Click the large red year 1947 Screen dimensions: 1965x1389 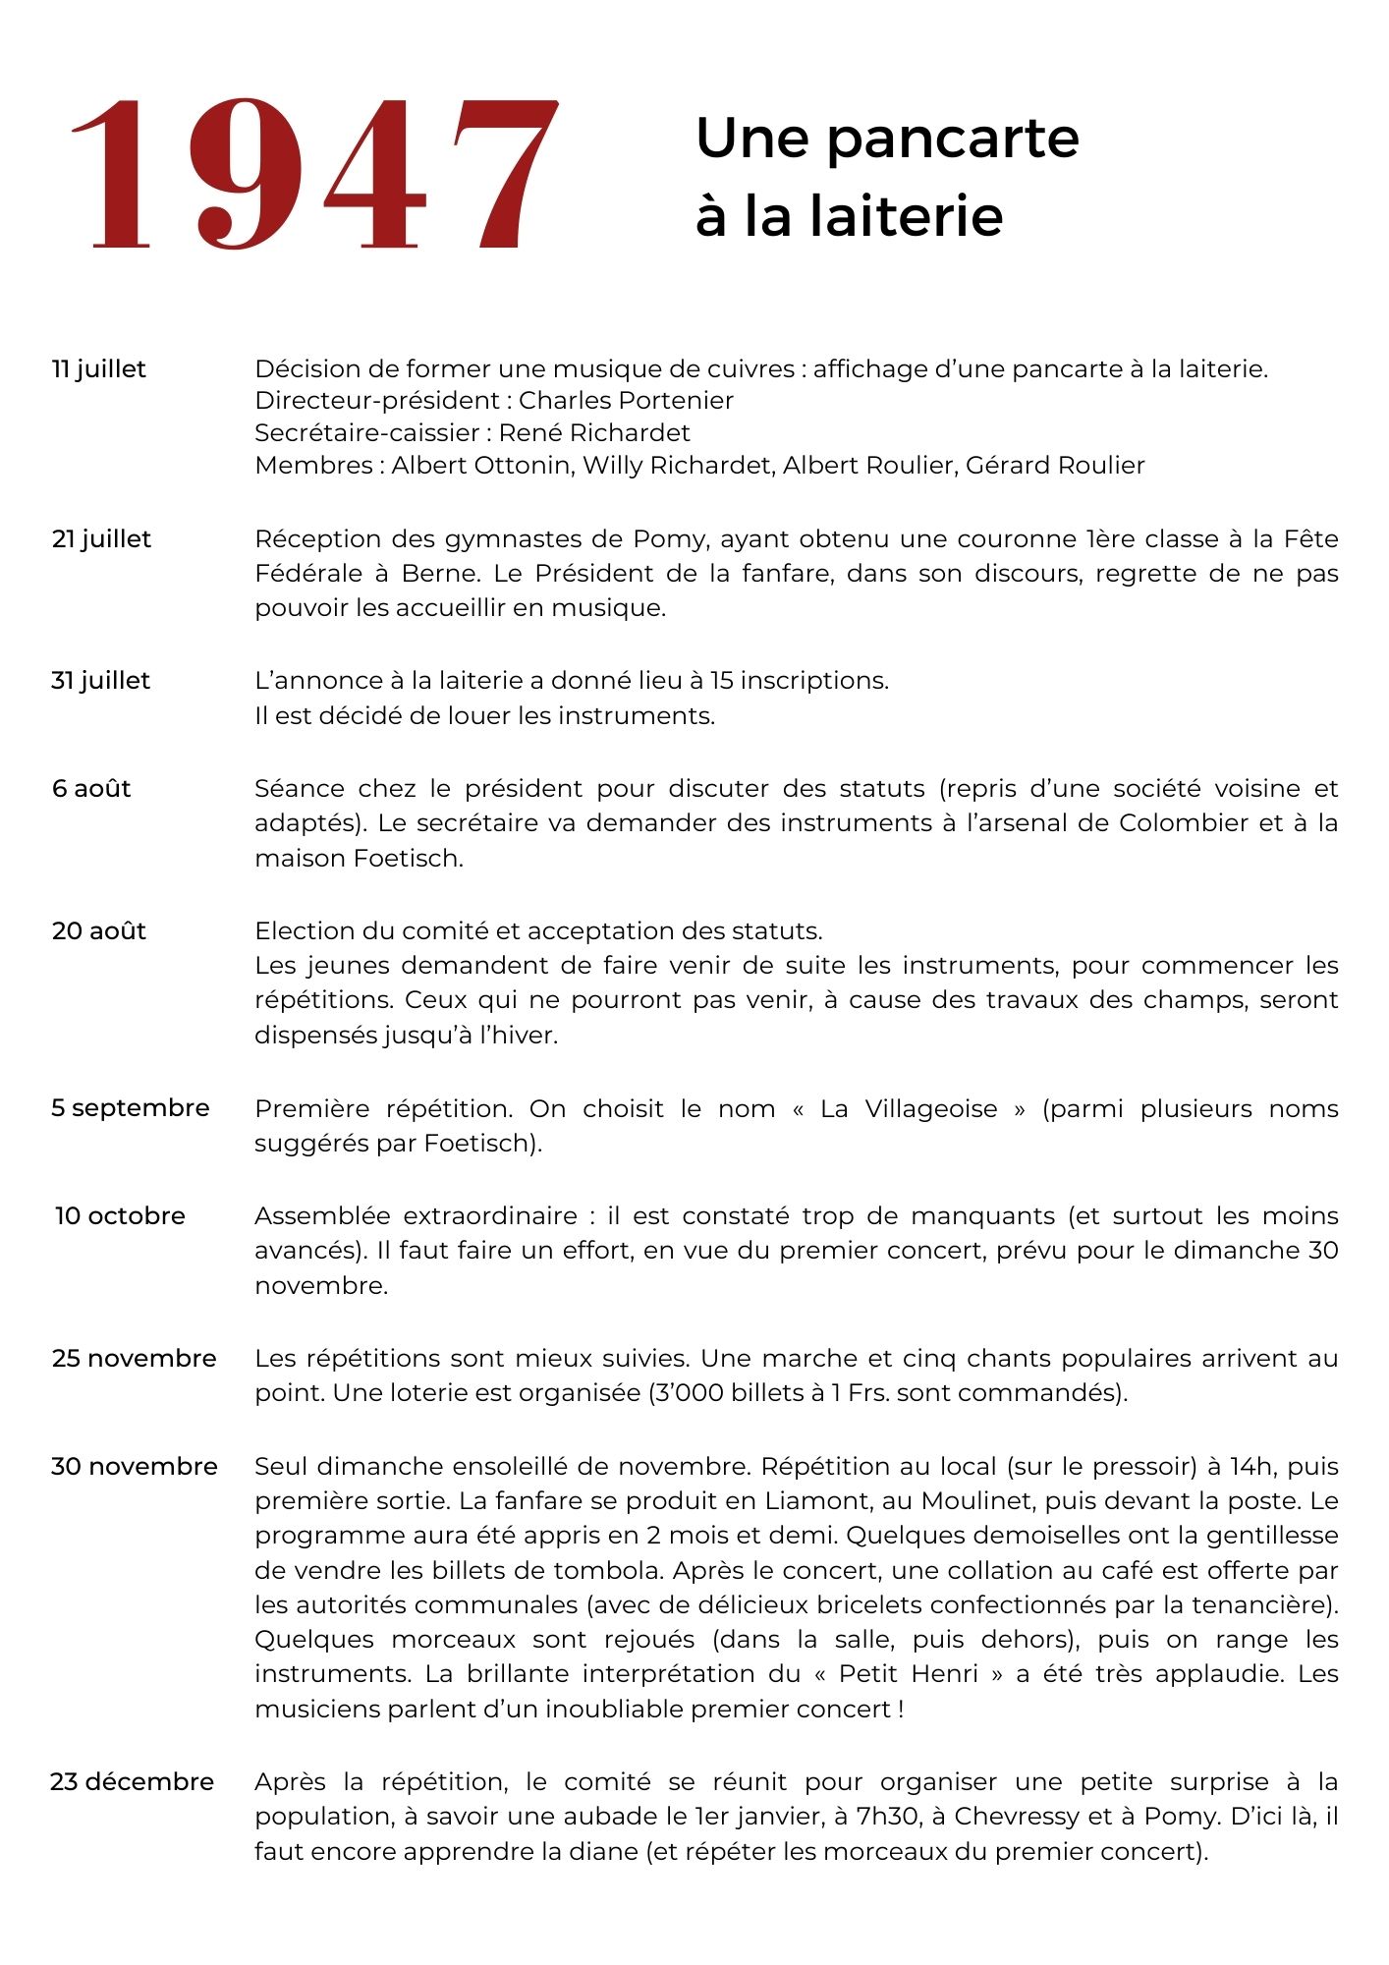[x=314, y=175]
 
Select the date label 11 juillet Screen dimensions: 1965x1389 [x=98, y=369]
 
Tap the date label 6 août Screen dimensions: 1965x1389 [x=91, y=789]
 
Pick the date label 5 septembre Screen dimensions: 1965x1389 [x=131, y=1108]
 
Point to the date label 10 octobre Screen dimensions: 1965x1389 [x=120, y=1216]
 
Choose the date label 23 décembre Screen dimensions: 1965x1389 [x=132, y=1782]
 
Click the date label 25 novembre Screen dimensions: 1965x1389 [x=134, y=1359]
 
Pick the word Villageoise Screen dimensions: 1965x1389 [x=931, y=1109]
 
